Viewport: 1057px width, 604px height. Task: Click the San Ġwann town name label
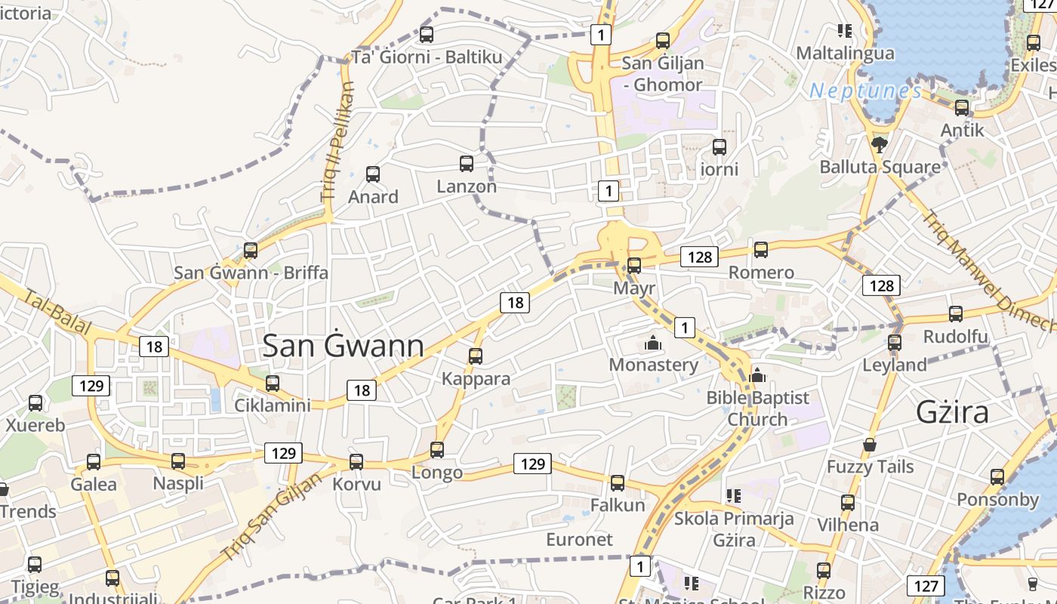[343, 346]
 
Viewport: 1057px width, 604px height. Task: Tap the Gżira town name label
[952, 412]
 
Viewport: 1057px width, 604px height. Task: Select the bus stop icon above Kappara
[476, 356]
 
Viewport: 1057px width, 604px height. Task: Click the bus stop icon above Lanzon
[467, 163]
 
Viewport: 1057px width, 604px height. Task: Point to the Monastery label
[653, 365]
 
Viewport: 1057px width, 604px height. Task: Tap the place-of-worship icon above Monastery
[653, 344]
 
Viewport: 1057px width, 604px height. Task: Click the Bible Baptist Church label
[757, 408]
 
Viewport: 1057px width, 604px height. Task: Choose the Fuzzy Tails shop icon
[870, 445]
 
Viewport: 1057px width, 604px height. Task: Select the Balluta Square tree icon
[879, 143]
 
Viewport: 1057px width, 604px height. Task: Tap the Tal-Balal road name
[57, 313]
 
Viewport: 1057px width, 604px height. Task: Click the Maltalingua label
[846, 54]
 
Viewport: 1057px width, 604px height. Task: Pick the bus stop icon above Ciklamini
[273, 384]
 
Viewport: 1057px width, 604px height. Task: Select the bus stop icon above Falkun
[618, 483]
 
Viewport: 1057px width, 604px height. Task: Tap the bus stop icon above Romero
[761, 250]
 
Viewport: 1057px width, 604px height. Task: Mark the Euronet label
[579, 540]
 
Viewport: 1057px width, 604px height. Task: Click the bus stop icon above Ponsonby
[997, 477]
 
